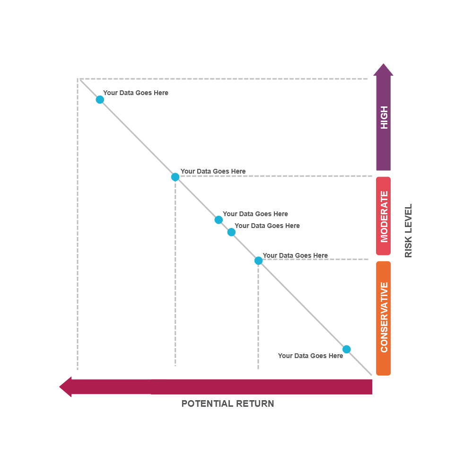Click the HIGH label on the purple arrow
[x=384, y=117]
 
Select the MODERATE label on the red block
[x=384, y=216]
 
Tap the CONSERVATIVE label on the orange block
[x=384, y=317]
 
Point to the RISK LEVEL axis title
[x=409, y=231]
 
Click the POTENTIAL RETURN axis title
[x=228, y=403]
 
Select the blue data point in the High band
[x=100, y=99]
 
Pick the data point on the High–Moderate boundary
[x=175, y=177]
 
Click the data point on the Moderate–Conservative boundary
[x=258, y=261]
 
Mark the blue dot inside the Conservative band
[x=347, y=349]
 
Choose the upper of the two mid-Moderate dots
[x=219, y=219]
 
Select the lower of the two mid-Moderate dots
[x=231, y=232]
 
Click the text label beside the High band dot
[x=136, y=93]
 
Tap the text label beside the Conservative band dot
[x=310, y=356]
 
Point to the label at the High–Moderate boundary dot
[x=213, y=171]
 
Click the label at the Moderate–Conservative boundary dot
[x=295, y=255]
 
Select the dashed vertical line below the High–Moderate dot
[x=175, y=274]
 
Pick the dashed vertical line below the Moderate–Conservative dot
[x=258, y=317]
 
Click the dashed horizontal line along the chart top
[x=222, y=79]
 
